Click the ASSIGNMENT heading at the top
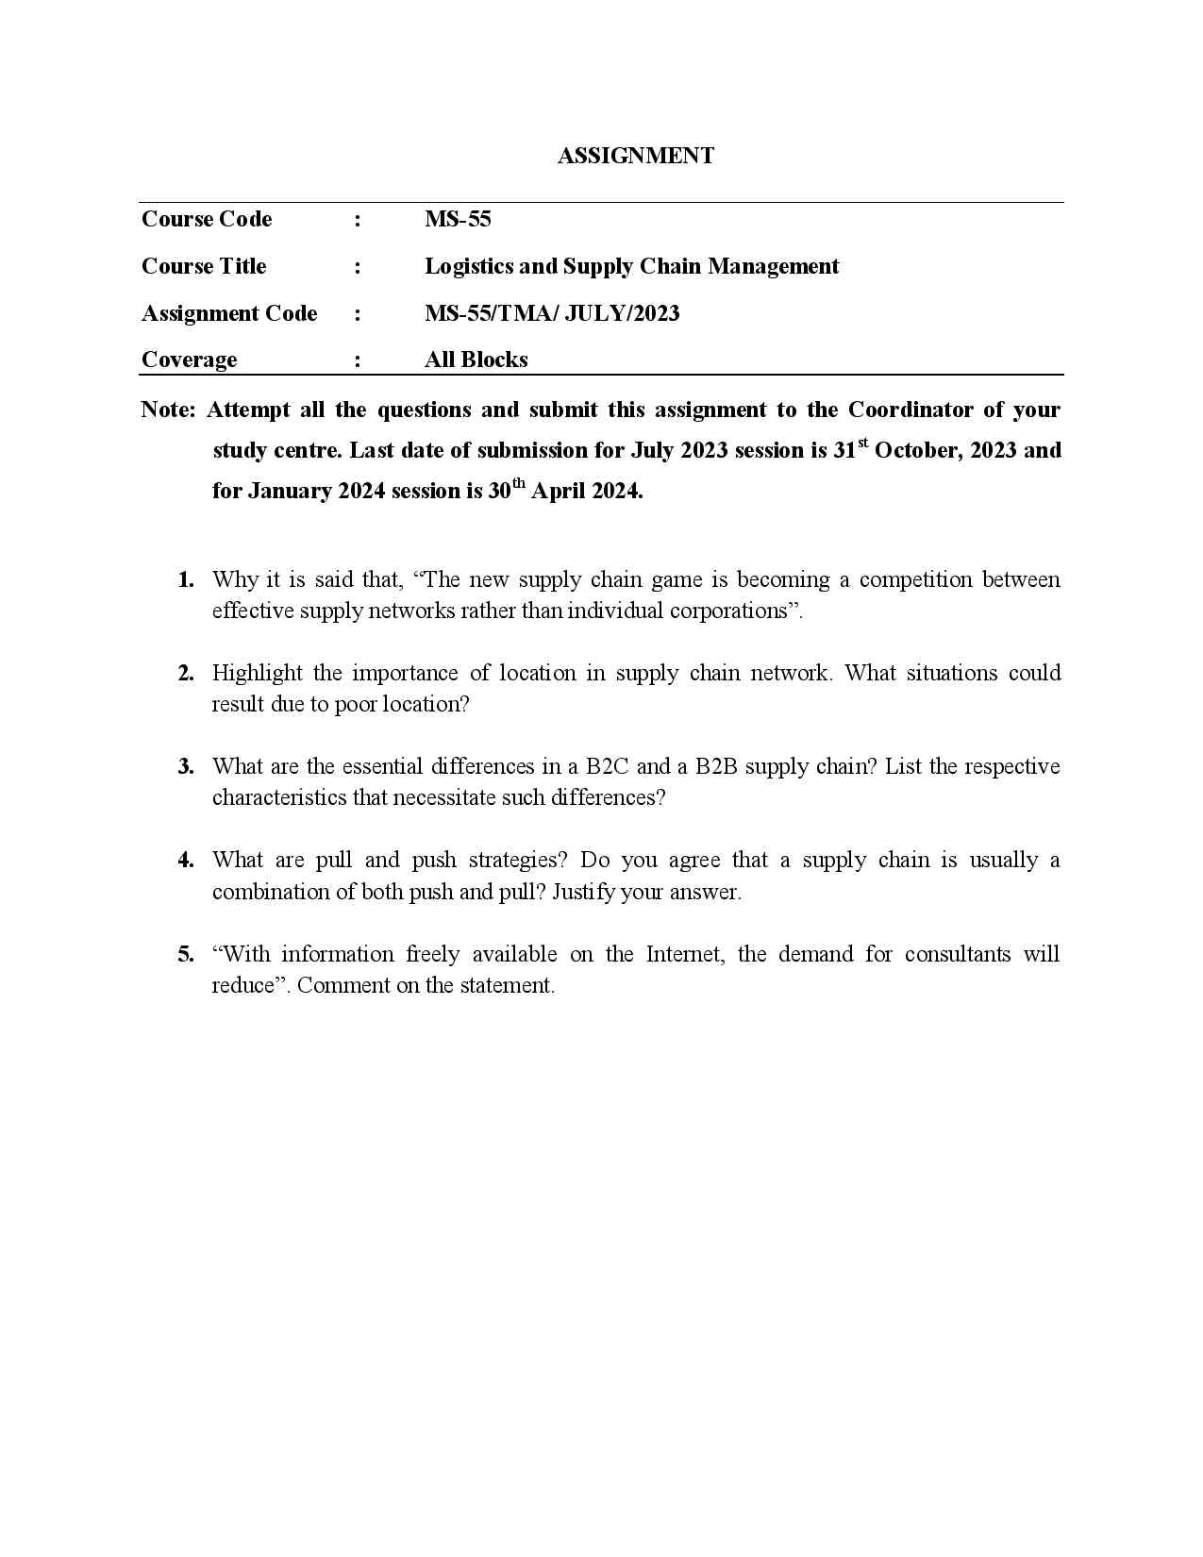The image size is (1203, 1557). (635, 156)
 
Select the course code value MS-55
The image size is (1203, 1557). (458, 219)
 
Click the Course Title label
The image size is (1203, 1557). (204, 266)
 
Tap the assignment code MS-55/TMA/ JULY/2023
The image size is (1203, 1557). (552, 313)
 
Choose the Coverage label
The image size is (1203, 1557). (189, 360)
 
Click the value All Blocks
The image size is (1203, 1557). (476, 360)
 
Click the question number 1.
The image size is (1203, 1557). (186, 579)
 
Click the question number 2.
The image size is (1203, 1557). (186, 673)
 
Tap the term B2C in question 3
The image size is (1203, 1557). (606, 766)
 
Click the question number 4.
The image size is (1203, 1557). (186, 860)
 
